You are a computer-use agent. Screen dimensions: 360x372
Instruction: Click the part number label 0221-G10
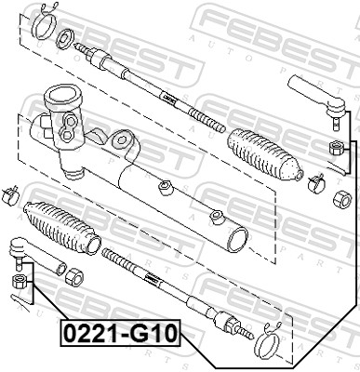[120, 333]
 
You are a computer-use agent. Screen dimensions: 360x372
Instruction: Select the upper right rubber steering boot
[265, 154]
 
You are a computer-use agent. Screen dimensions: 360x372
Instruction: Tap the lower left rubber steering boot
[62, 227]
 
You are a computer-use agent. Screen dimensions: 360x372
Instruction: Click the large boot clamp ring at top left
[45, 26]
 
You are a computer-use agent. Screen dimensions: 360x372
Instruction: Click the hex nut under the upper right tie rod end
[336, 147]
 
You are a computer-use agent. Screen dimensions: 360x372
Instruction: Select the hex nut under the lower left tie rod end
[19, 282]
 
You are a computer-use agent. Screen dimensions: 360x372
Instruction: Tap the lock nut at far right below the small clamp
[342, 199]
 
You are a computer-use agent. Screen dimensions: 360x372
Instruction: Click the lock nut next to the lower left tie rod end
[74, 276]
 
